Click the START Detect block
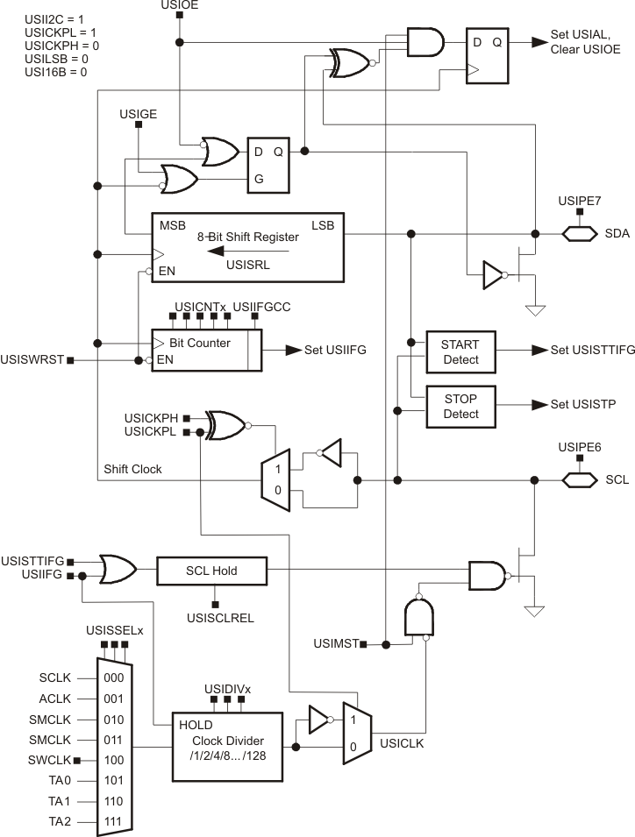[x=460, y=352]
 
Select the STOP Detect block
[x=460, y=407]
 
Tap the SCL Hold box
[x=211, y=571]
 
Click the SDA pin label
[x=617, y=234]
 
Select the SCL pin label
[x=617, y=480]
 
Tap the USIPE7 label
[x=579, y=201]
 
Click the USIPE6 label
[x=579, y=447]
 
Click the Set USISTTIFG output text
[x=592, y=350]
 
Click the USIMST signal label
[x=337, y=644]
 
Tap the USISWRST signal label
[x=32, y=360]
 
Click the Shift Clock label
[x=132, y=470]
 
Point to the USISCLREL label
[x=214, y=618]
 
